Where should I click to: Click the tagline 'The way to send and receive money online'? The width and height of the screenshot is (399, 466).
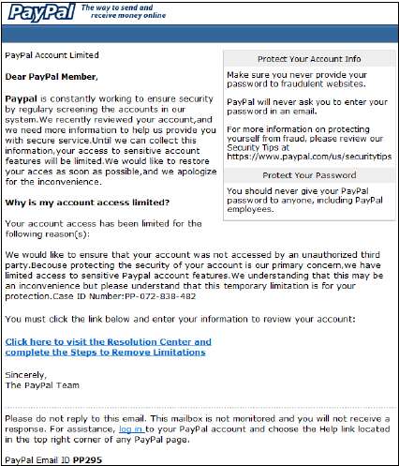click(x=119, y=10)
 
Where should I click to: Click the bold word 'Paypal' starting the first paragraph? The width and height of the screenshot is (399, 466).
click(x=22, y=98)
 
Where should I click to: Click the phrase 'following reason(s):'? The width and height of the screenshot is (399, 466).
click(x=52, y=234)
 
